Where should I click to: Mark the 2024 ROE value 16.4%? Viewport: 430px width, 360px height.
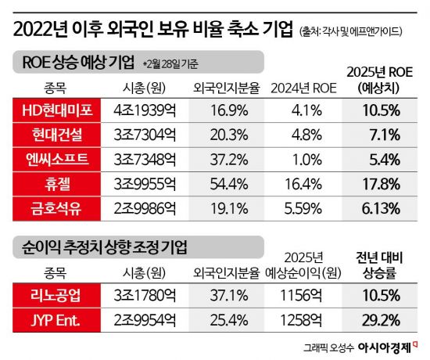(x=302, y=184)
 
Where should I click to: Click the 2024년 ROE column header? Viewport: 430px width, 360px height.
(x=302, y=88)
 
